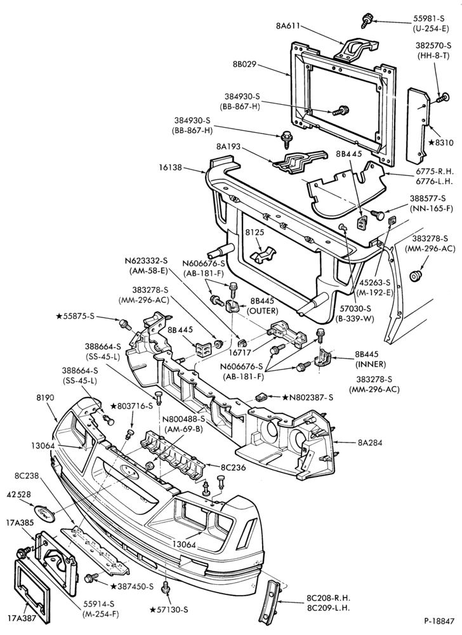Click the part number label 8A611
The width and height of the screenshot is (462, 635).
pyautogui.click(x=288, y=25)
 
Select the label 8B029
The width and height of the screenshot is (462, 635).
pyautogui.click(x=244, y=64)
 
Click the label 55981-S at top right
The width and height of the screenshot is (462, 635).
pyautogui.click(x=431, y=18)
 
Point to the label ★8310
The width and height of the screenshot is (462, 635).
pyautogui.click(x=441, y=142)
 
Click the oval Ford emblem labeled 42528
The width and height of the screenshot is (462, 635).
pyautogui.click(x=44, y=513)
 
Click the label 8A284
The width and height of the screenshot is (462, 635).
pyautogui.click(x=370, y=443)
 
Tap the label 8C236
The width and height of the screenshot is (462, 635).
pyautogui.click(x=233, y=467)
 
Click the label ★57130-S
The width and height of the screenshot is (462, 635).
pyautogui.click(x=169, y=610)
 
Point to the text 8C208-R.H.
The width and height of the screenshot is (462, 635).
pyautogui.click(x=328, y=598)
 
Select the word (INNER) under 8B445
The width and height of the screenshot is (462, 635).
pyautogui.click(x=371, y=364)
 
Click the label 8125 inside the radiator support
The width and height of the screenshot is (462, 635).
pyautogui.click(x=254, y=233)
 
